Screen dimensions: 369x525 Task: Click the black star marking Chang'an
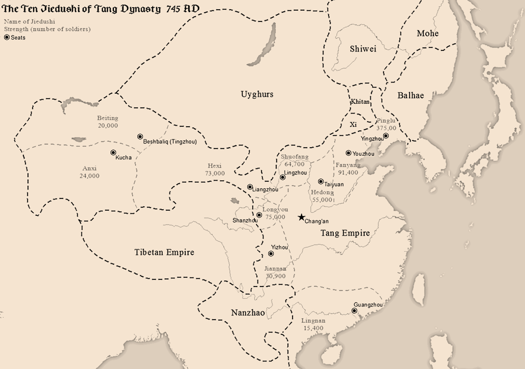click(x=301, y=217)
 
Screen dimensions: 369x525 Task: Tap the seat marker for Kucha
click(x=113, y=152)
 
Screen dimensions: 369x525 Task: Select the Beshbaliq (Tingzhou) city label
click(x=169, y=141)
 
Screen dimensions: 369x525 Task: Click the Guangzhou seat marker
click(x=354, y=310)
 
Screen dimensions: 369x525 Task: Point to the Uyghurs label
click(x=257, y=94)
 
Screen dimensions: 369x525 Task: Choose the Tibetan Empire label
click(x=164, y=252)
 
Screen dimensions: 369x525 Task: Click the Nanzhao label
click(x=248, y=313)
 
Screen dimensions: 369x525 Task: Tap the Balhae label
click(x=411, y=95)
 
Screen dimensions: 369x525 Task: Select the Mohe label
click(x=427, y=34)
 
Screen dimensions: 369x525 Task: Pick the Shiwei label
click(x=363, y=49)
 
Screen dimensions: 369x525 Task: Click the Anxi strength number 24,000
click(x=90, y=176)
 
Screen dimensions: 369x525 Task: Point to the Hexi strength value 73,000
click(x=215, y=174)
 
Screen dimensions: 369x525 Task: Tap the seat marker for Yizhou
click(x=271, y=253)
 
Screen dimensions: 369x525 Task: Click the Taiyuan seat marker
click(x=320, y=181)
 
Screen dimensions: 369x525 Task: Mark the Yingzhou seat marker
click(x=386, y=135)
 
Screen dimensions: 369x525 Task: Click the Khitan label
click(x=360, y=102)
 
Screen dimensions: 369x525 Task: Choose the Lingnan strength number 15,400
click(x=313, y=328)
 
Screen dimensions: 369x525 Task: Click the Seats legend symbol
click(x=7, y=37)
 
